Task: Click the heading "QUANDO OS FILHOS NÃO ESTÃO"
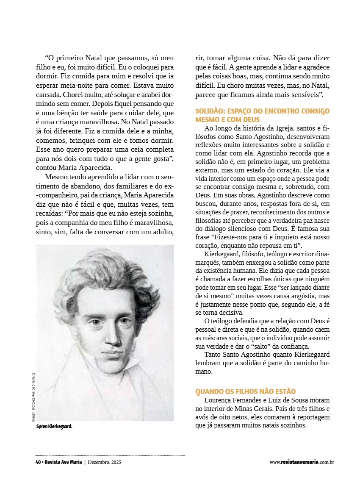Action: tap(245, 391)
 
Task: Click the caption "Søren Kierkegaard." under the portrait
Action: tap(54, 427)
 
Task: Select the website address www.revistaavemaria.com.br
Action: tap(302, 462)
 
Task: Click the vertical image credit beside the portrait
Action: tap(33, 396)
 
